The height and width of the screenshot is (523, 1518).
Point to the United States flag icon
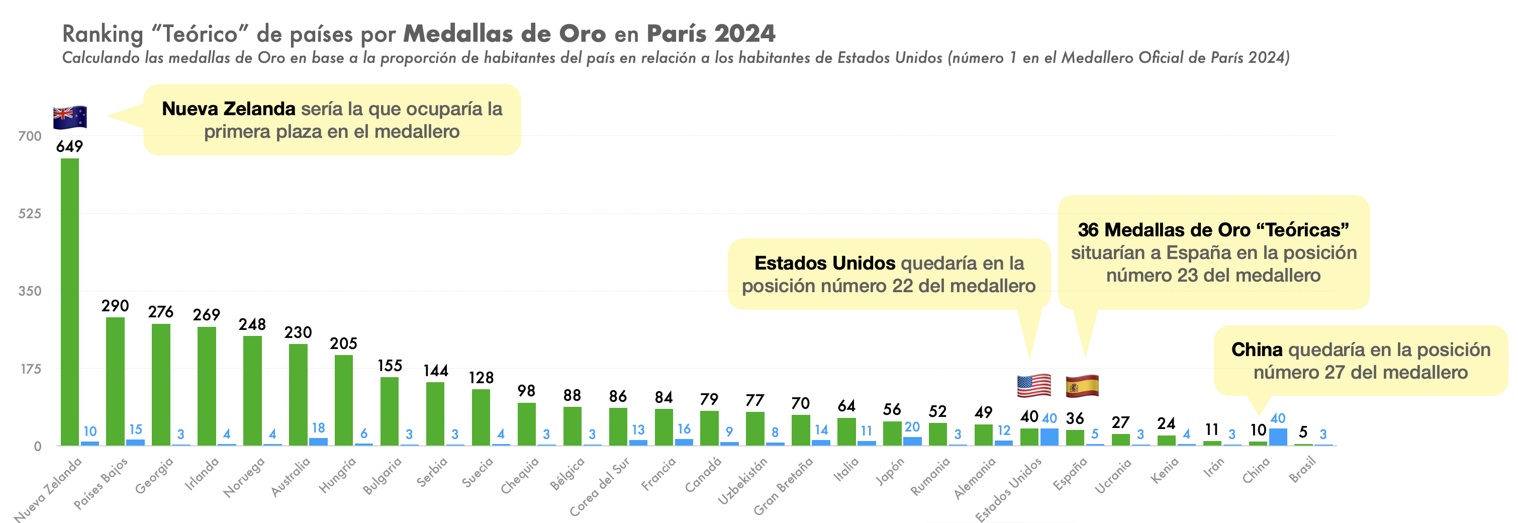tap(1033, 386)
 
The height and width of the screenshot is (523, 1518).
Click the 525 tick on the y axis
tap(30, 213)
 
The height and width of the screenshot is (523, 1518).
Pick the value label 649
tap(69, 146)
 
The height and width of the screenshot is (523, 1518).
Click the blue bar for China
tap(1278, 437)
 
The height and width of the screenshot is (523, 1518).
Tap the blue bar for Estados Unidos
tap(1050, 437)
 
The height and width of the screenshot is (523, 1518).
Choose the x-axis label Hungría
tap(338, 475)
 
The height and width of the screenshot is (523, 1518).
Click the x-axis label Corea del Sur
tap(599, 487)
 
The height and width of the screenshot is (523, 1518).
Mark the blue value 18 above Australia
tap(318, 428)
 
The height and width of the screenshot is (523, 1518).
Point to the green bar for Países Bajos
tap(116, 382)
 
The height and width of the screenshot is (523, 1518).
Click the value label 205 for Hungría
tap(343, 343)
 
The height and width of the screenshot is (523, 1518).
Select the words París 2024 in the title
tap(711, 34)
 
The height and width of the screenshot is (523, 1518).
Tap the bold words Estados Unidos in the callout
tap(824, 263)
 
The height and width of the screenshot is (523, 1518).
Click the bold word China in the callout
tap(1256, 350)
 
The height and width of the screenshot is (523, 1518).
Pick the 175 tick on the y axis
tap(30, 369)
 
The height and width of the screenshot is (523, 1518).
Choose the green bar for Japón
tap(892, 433)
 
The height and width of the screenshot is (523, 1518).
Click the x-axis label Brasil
tap(1302, 470)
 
